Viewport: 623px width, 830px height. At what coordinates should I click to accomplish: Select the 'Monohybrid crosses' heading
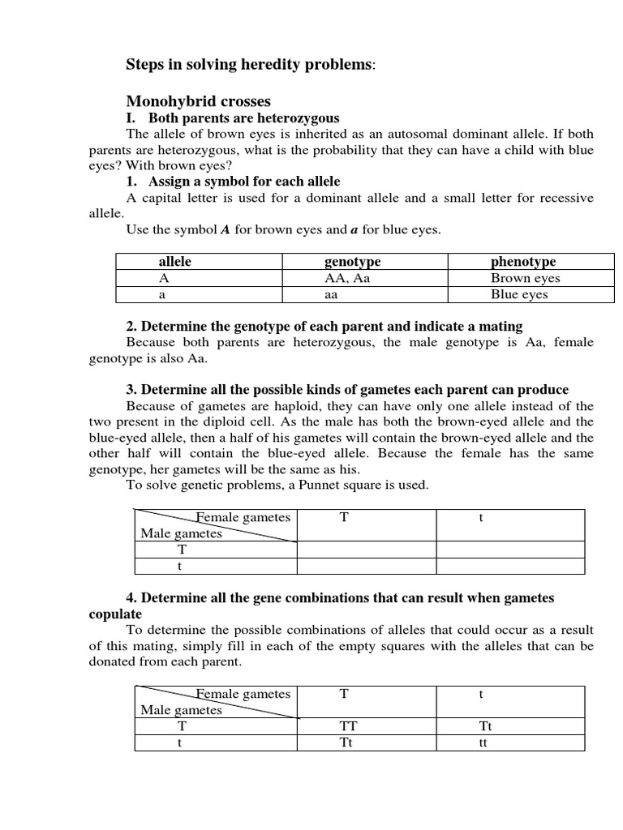[198, 101]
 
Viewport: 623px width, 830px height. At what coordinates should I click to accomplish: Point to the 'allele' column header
[174, 262]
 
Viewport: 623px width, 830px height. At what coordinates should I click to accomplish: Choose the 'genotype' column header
[352, 262]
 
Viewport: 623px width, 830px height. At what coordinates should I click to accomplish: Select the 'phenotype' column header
[523, 262]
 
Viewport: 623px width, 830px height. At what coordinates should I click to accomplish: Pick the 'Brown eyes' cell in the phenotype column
[525, 278]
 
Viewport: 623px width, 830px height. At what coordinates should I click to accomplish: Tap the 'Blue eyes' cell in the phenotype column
[519, 294]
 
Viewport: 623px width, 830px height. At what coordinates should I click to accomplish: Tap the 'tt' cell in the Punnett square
[483, 743]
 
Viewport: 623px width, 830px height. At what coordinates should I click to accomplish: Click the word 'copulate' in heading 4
[114, 614]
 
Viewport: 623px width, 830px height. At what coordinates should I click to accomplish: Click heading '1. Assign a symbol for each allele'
[233, 182]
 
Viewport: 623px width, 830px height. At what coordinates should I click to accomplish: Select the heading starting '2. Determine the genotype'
[324, 326]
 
